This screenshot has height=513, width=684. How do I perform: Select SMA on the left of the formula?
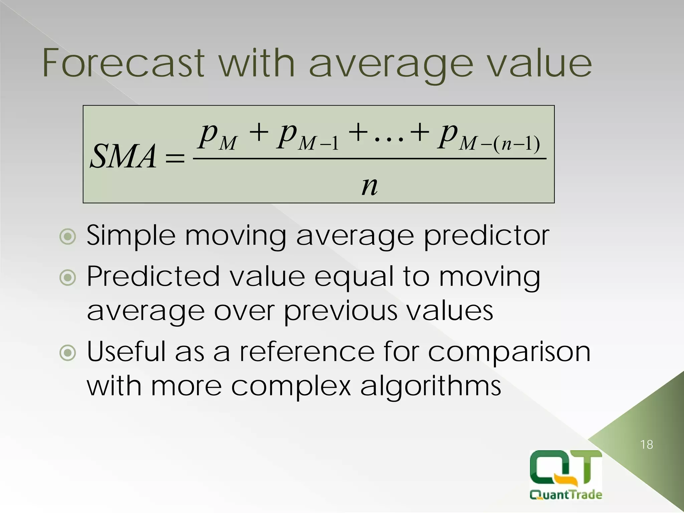123,156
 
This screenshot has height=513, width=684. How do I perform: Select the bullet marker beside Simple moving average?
68,237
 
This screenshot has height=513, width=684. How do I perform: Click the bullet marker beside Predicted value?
68,278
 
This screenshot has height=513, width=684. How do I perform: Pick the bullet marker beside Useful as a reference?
68,353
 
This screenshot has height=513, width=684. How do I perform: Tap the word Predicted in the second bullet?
153,277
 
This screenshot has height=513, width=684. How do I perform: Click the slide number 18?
647,445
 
